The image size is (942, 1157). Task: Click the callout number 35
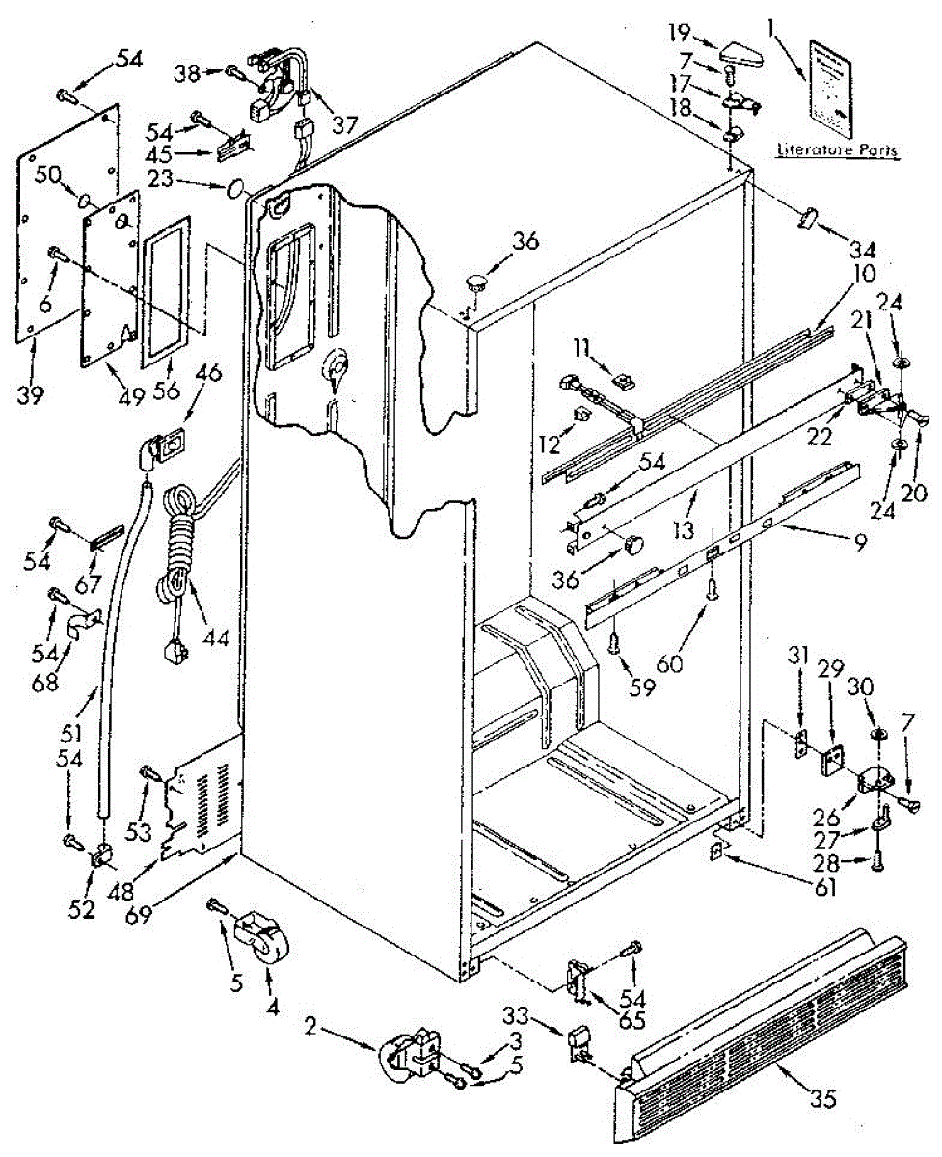click(823, 1098)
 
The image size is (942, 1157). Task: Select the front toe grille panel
click(762, 1036)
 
